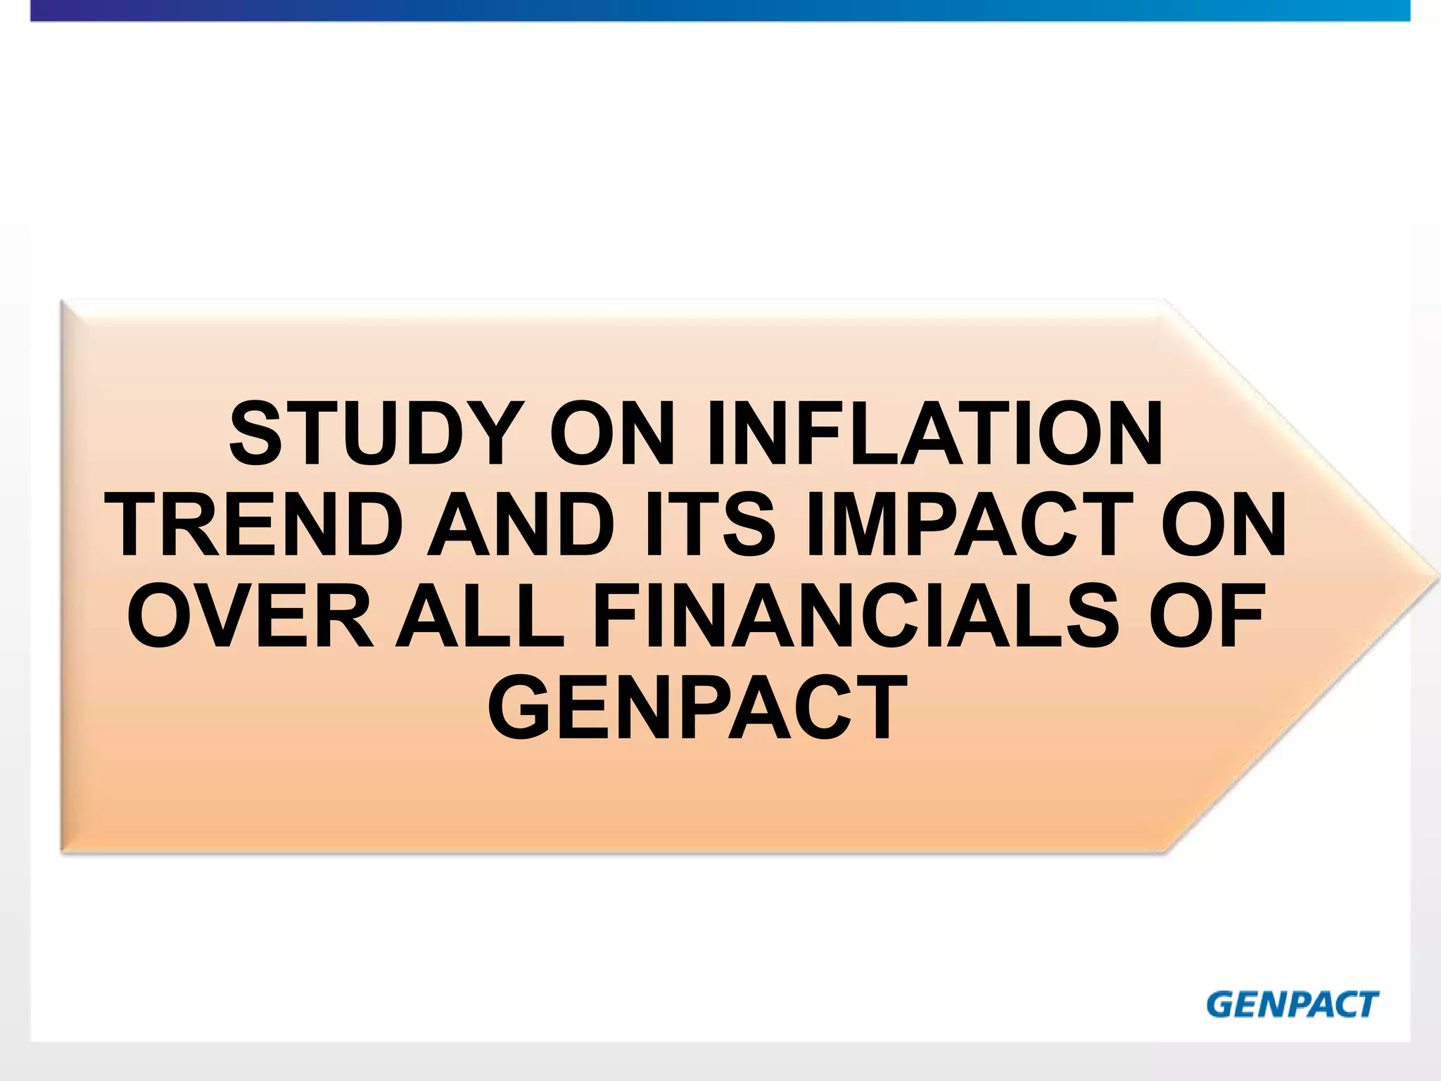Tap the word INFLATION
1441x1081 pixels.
(935, 434)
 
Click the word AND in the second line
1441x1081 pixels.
(521, 525)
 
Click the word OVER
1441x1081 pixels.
(250, 617)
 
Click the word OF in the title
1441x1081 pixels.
(1207, 617)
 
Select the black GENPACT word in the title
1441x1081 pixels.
(697, 708)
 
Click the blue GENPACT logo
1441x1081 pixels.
(1292, 1004)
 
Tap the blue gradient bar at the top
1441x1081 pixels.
(720, 11)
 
